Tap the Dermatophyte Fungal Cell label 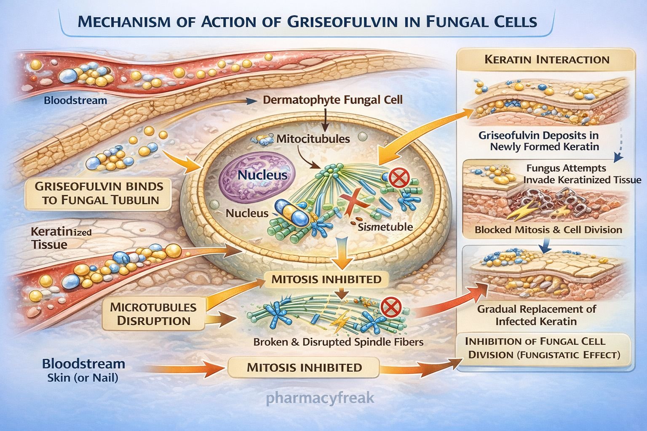[x=333, y=100]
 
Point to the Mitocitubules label [x=313, y=138]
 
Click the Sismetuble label [x=385, y=227]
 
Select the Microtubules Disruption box [x=153, y=314]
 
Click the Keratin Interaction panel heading [x=547, y=59]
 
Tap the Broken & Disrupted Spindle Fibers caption [x=338, y=342]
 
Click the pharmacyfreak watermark [x=320, y=398]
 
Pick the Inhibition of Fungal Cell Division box [x=544, y=348]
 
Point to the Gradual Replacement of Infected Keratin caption [x=536, y=315]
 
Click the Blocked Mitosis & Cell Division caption [x=548, y=230]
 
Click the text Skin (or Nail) [x=83, y=378]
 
